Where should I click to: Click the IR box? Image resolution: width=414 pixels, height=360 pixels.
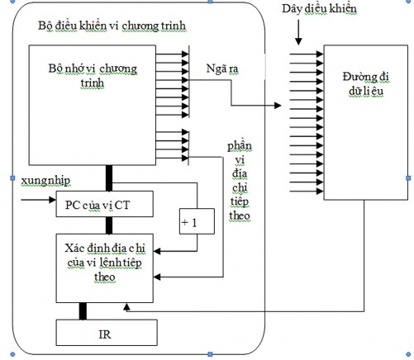click(x=107, y=334)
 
